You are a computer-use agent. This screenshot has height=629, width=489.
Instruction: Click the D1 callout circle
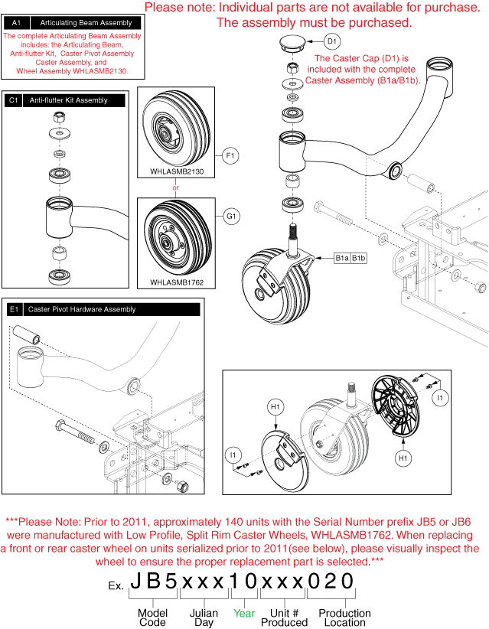coord(332,41)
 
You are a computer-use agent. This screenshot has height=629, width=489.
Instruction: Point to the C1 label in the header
coord(14,100)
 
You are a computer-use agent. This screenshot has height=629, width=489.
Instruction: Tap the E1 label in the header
coord(14,309)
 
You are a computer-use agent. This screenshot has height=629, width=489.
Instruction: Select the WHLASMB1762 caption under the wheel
coord(177,282)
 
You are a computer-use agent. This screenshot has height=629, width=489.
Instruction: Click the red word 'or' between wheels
coord(176,187)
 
